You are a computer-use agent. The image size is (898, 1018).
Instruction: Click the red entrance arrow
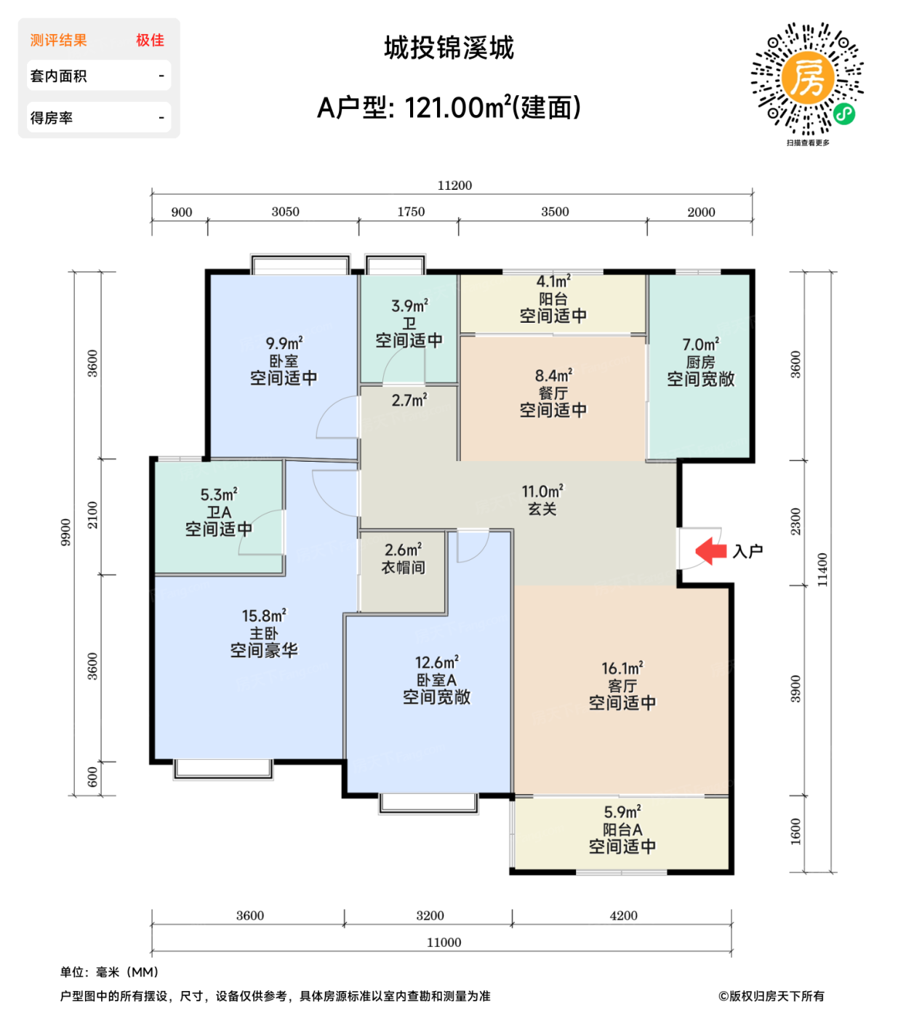click(710, 550)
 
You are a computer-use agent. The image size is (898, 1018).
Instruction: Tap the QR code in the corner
click(807, 79)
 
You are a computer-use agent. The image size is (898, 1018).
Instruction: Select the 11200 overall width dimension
click(454, 185)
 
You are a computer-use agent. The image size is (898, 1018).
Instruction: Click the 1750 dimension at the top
click(411, 212)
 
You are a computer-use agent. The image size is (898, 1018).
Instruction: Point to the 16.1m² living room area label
click(622, 668)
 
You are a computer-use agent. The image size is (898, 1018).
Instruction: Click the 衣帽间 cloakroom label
click(403, 568)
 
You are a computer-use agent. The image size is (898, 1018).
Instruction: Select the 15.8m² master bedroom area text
click(264, 616)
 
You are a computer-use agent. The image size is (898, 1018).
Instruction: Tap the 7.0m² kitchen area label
click(700, 345)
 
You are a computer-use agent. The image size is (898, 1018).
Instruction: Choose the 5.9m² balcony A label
click(622, 812)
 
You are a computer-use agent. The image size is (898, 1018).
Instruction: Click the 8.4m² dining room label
click(553, 376)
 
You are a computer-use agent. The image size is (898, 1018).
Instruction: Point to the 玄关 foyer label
click(542, 509)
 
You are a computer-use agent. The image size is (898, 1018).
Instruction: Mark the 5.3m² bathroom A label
click(219, 495)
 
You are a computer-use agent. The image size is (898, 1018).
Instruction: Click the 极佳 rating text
click(150, 40)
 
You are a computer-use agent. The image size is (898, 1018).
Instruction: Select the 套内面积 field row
click(98, 76)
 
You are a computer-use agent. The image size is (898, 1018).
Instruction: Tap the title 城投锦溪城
click(449, 48)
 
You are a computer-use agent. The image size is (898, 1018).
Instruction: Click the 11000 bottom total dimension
click(444, 942)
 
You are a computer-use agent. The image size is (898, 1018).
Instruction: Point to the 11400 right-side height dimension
click(822, 569)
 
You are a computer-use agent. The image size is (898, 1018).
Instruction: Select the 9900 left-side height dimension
click(66, 532)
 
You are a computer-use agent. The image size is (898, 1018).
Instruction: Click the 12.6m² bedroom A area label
click(436, 663)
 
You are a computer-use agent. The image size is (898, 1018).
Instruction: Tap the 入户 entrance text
click(747, 551)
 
